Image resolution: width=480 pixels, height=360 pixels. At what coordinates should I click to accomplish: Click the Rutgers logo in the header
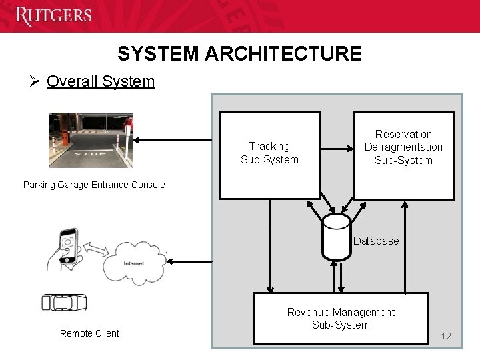point(53,15)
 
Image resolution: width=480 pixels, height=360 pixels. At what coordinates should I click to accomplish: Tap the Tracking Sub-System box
point(269,155)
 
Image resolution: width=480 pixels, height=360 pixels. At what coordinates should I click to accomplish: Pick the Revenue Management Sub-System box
point(341,318)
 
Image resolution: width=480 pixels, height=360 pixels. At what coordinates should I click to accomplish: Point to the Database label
point(376,241)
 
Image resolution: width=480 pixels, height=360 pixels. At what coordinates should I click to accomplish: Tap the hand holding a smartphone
point(65,251)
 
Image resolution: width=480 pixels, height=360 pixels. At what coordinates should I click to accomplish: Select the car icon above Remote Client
point(64,302)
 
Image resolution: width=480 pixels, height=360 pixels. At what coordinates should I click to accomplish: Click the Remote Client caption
point(89,333)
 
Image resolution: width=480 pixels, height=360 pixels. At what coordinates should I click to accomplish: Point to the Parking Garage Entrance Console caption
point(94,185)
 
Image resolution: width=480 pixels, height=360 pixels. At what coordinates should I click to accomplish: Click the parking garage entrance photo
point(91,140)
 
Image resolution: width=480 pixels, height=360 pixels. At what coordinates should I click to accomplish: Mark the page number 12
point(446,336)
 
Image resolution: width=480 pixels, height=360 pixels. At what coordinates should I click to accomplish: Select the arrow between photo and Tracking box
point(177,140)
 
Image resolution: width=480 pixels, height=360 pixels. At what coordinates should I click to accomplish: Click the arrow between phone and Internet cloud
point(97,250)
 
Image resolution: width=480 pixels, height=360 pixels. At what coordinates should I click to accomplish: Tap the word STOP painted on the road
point(91,153)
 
